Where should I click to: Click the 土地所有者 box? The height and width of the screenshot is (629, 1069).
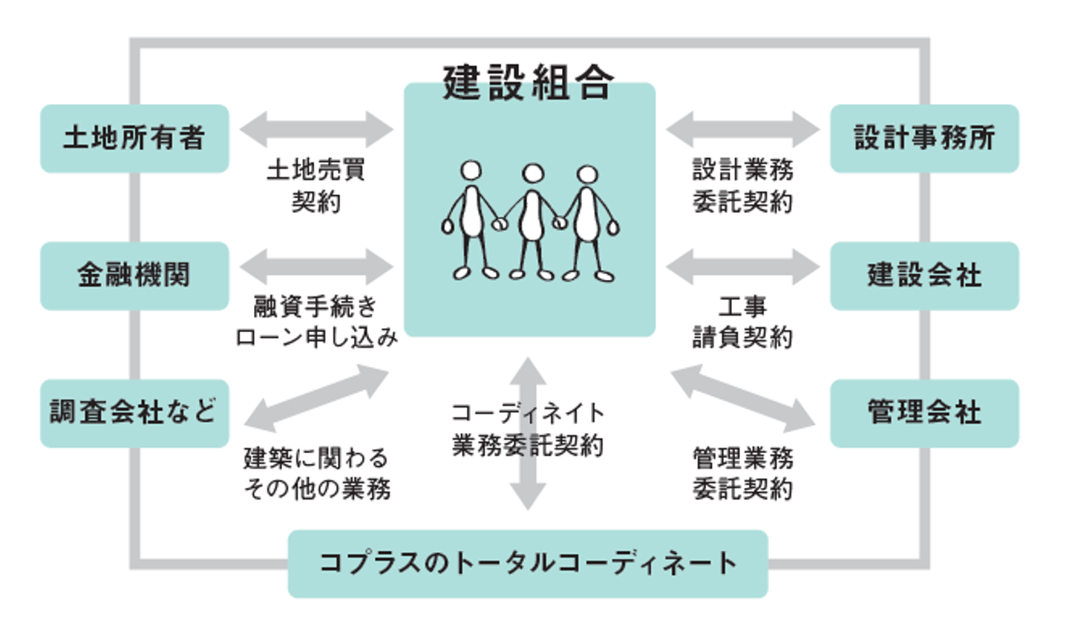click(134, 139)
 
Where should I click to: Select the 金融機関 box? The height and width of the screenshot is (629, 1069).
click(134, 276)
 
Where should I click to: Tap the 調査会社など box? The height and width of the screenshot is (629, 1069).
click(134, 413)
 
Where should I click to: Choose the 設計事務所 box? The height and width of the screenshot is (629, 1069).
click(924, 139)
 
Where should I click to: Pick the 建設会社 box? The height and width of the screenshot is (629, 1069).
click(924, 276)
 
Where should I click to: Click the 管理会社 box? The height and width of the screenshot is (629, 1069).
click(924, 413)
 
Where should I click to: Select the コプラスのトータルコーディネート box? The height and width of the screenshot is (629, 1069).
click(528, 564)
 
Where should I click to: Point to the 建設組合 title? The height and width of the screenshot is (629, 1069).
click(528, 82)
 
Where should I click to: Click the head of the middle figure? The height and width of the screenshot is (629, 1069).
click(532, 174)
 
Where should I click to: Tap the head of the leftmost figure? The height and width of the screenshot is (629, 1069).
click(471, 171)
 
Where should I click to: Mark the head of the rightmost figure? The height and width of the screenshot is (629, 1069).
click(587, 175)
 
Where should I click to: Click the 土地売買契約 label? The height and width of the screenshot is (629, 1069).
click(316, 186)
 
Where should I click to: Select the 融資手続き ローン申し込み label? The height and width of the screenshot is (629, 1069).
click(316, 322)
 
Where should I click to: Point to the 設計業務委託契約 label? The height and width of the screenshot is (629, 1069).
click(742, 186)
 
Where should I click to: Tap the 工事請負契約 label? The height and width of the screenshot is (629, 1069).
click(742, 322)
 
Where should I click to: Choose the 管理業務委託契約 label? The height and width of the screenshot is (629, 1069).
click(742, 473)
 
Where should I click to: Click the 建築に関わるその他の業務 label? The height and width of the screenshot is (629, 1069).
click(316, 473)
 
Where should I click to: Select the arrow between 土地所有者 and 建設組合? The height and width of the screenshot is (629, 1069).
click(316, 129)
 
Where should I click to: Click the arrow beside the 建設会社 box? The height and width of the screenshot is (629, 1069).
click(742, 266)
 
